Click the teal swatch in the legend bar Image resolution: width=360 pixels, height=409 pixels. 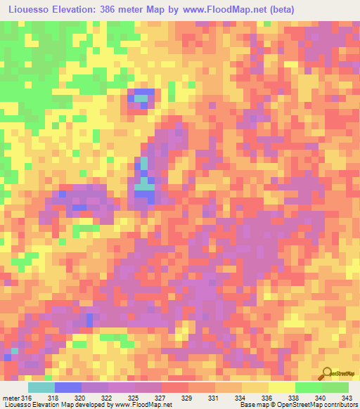coord(41,388)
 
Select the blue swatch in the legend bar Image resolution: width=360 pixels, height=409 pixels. coord(68,388)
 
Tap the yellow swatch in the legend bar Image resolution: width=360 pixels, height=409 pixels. coord(281,388)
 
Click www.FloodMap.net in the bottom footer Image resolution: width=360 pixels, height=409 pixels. coord(144,404)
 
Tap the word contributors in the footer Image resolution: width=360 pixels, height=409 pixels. coord(338,404)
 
